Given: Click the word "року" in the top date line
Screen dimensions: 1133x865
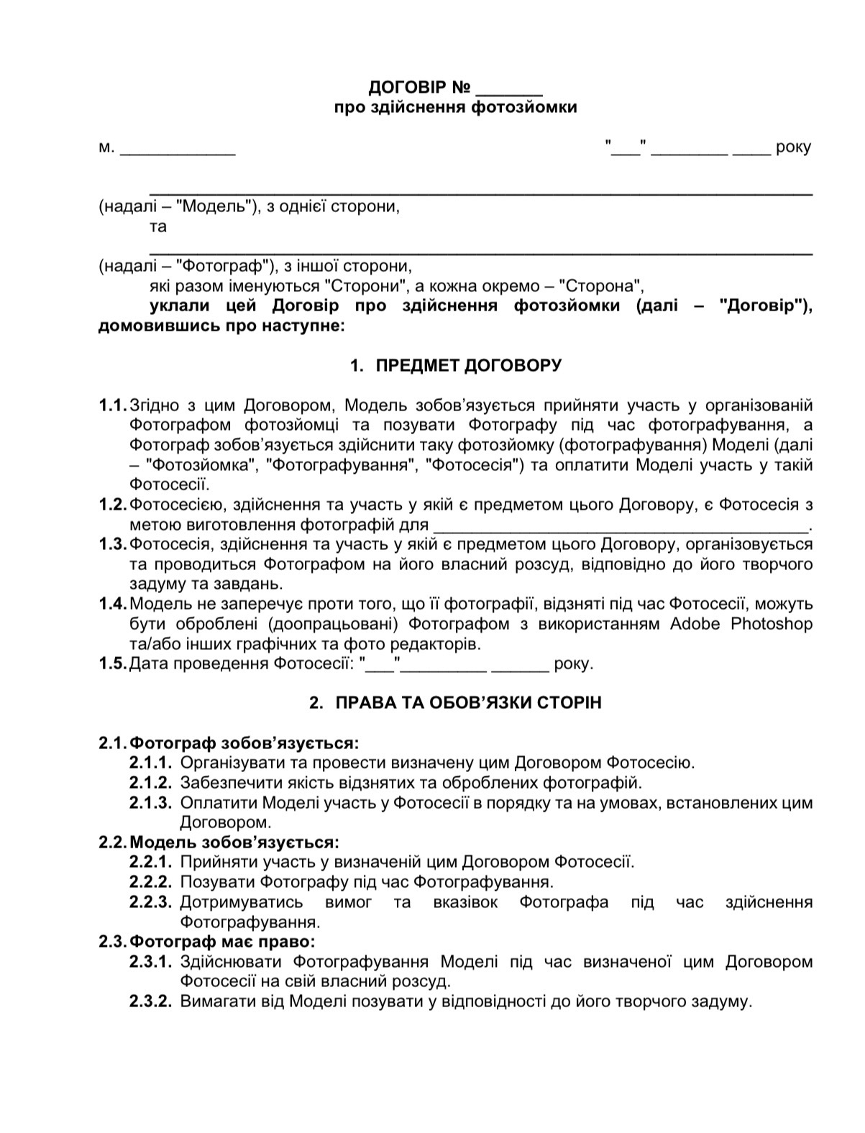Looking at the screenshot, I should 793,148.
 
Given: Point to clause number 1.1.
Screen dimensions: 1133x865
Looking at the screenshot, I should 112,405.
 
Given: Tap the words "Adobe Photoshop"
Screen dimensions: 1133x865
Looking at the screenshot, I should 741,624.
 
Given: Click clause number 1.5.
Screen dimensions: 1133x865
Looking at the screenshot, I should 112,664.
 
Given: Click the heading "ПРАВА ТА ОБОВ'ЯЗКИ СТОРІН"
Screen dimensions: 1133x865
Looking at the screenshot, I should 468,703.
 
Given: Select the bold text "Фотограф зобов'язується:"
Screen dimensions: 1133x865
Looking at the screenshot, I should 244,743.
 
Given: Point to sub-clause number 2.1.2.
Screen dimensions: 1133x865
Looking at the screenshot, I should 150,782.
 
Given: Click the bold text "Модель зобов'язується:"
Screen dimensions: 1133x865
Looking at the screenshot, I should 234,842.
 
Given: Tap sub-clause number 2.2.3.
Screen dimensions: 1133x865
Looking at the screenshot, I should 150,902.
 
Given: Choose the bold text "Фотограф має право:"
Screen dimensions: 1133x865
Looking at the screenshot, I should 223,942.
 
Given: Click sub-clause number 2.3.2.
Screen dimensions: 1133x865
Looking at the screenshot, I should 150,1001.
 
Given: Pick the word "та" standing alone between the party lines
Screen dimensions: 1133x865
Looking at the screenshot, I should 158,227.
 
